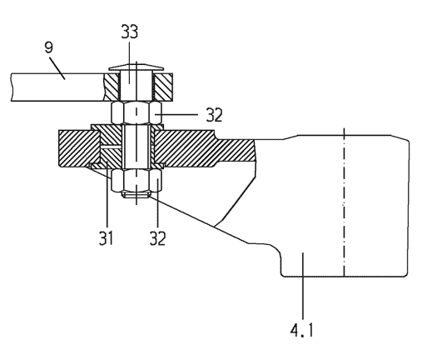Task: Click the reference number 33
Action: pos(129,32)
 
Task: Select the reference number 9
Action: pos(48,47)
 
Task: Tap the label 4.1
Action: pos(301,331)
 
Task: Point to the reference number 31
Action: pos(106,238)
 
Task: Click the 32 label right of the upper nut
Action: pos(214,115)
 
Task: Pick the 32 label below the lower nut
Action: pos(157,238)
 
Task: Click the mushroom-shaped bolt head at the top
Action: pos(136,67)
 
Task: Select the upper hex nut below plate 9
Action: pos(137,112)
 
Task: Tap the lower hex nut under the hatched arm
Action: pos(137,181)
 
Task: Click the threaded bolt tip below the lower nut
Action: pos(136,194)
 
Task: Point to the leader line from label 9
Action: pos(57,67)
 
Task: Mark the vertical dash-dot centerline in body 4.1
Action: pos(344,202)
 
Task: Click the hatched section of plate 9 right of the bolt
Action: pos(163,87)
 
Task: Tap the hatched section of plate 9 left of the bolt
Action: pos(112,87)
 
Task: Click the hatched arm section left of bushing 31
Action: pos(79,148)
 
